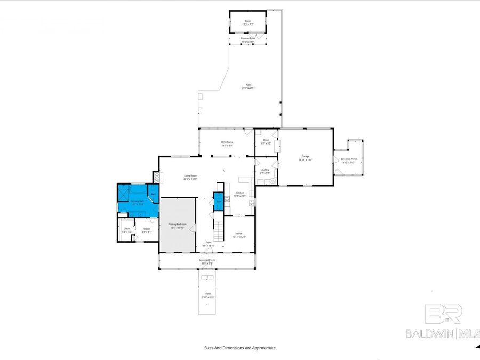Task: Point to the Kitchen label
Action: pos(240,194)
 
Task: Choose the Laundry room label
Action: pos(265,171)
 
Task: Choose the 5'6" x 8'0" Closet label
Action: pos(126,230)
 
